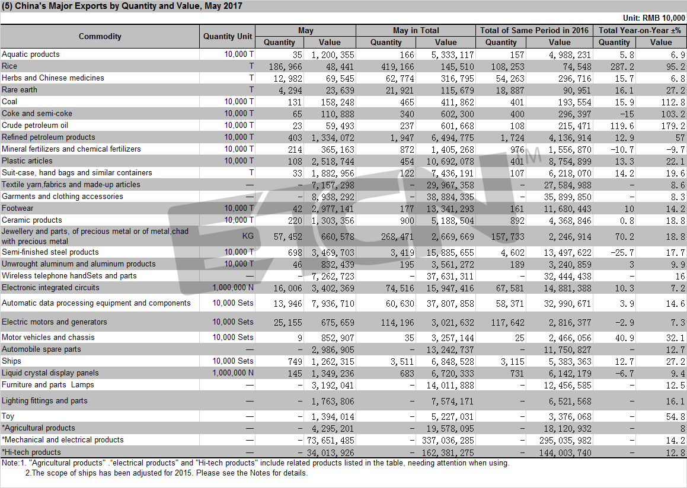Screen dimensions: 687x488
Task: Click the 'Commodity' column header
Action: (100, 36)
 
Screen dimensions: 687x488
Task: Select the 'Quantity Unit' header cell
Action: (228, 36)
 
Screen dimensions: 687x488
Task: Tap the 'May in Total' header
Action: (416, 30)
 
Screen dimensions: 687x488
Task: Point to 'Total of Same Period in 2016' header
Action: (534, 30)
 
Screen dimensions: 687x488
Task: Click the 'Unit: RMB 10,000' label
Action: (654, 18)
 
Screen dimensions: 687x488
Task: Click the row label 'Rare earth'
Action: (20, 89)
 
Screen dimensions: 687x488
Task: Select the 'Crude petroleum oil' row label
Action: (34, 125)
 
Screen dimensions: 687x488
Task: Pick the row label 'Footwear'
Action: (18, 208)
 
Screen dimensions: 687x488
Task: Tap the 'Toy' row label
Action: (8, 416)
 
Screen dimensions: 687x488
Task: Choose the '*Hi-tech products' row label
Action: (31, 452)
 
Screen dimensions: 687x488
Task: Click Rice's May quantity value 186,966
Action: (285, 66)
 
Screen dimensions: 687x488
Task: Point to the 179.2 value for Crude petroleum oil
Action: (675, 126)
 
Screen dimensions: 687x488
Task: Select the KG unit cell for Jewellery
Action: (248, 236)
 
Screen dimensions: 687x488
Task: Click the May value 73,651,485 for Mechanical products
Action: (330, 440)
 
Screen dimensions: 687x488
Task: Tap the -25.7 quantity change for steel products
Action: (622, 252)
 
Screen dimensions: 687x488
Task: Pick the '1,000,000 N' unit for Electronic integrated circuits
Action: (233, 288)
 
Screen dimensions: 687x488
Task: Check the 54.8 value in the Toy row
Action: (675, 417)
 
